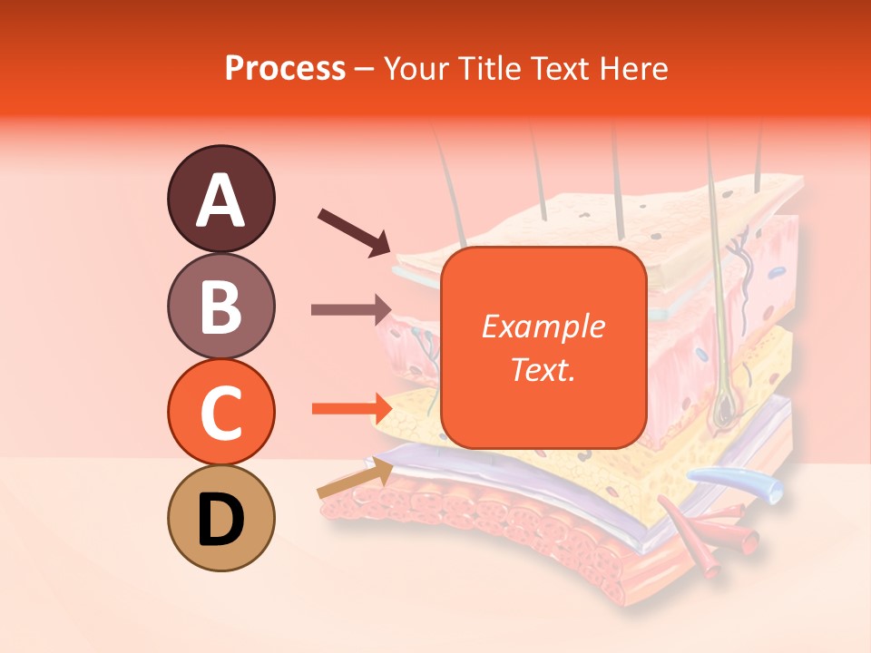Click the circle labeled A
[x=220, y=198]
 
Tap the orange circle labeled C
[x=220, y=412]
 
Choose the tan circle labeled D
[x=220, y=519]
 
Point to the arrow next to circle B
[x=350, y=310]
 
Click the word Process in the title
[x=285, y=68]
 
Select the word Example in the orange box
[x=543, y=326]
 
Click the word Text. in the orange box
[x=543, y=369]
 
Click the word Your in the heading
[x=416, y=68]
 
